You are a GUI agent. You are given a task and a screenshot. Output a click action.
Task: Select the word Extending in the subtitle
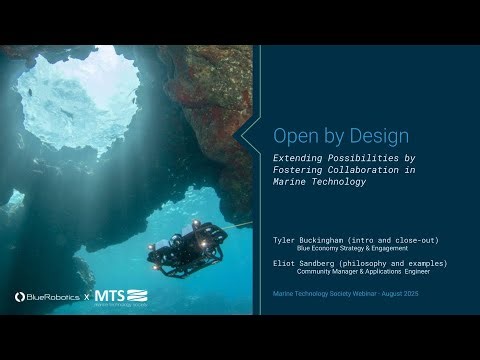[304, 158]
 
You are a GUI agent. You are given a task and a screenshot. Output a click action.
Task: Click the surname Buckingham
[335, 240]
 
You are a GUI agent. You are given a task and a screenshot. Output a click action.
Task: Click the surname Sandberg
[332, 264]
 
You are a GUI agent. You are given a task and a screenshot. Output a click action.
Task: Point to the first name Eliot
[287, 264]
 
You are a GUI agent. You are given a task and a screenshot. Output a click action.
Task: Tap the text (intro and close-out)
[404, 240]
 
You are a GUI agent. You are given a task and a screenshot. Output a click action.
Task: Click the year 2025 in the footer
[428, 296]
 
